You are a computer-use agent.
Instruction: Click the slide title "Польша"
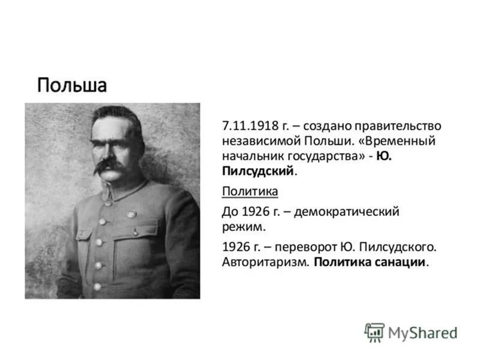[71, 85]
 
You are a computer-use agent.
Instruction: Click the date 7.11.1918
[247, 127]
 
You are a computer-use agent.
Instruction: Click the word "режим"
[241, 227]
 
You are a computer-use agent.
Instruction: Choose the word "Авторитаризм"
[264, 262]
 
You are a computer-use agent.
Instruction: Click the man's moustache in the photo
[111, 166]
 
